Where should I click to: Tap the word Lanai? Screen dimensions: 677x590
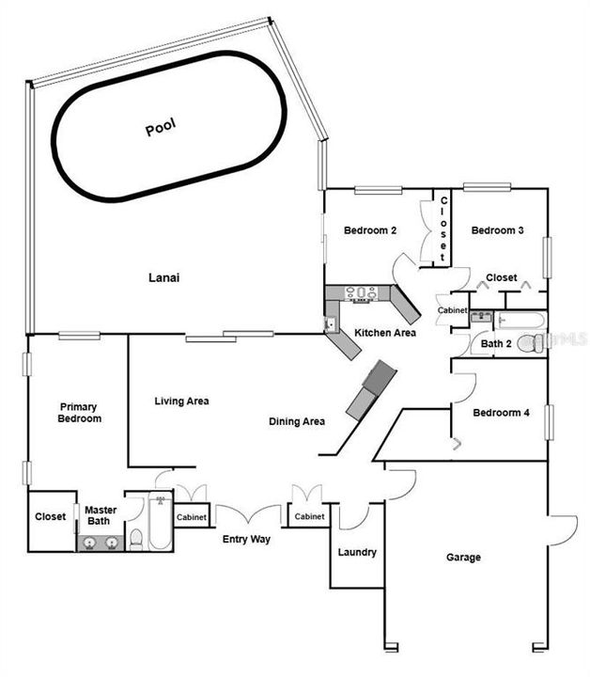(x=163, y=278)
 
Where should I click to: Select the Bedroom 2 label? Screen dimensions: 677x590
(x=370, y=231)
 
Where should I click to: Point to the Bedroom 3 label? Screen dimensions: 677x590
(x=497, y=231)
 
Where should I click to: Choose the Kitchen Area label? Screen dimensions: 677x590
(x=384, y=333)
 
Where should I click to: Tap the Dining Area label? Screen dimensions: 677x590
(x=297, y=422)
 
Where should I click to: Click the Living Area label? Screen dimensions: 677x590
(x=181, y=401)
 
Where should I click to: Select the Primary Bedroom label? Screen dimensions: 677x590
(x=79, y=413)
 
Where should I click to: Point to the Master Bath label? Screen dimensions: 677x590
(x=101, y=515)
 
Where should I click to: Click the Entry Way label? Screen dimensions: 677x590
(x=246, y=540)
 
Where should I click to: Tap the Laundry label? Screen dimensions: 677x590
(x=358, y=553)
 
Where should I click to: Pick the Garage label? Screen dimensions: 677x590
(x=463, y=558)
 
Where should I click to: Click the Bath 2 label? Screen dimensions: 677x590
(x=496, y=344)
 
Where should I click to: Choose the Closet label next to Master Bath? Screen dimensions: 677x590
(x=50, y=516)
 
